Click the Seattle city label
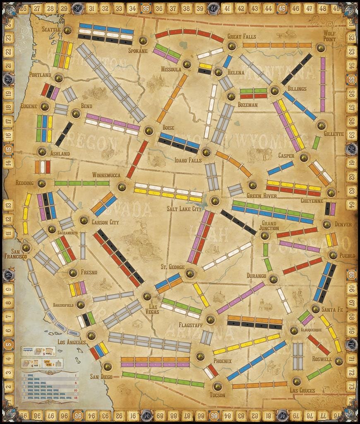pos(51,29)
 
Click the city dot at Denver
pos(326,224)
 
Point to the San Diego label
pos(101,376)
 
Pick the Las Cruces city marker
pos(296,381)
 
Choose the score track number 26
pos(23,8)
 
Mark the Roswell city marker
pos(339,361)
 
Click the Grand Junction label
pos(269,225)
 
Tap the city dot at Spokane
pos(143,40)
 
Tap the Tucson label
pos(217,395)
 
